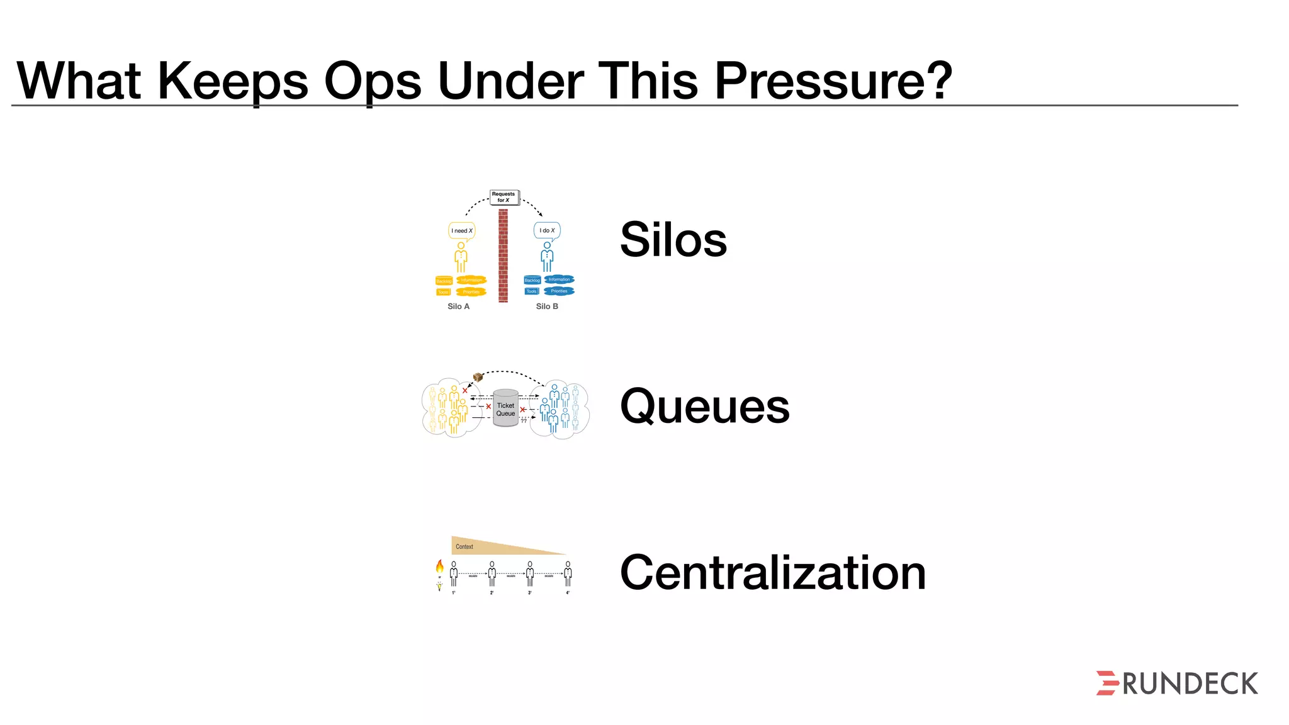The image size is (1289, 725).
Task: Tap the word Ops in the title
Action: coord(373,82)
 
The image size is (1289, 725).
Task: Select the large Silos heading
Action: coord(673,239)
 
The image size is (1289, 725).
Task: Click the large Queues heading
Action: coord(704,407)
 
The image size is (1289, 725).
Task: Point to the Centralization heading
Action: coord(772,573)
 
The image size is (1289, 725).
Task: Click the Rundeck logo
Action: coord(1176,683)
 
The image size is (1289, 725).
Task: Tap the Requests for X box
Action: coord(504,197)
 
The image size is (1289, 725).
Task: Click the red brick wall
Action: coord(503,256)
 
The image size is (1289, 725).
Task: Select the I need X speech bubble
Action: coord(461,230)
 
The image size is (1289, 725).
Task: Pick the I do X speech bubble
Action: coord(547,230)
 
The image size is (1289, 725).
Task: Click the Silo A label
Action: coord(458,306)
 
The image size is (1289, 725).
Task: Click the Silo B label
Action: coord(547,306)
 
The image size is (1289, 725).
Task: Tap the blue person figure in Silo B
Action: coord(547,257)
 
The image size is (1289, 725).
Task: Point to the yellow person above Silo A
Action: coord(461,257)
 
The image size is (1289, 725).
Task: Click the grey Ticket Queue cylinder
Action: coord(505,409)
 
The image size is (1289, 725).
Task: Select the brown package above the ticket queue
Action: coord(478,377)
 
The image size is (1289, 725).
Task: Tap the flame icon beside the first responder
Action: coord(439,566)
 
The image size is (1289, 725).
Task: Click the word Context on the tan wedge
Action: coord(464,546)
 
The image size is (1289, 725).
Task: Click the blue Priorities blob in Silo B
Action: coord(559,291)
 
